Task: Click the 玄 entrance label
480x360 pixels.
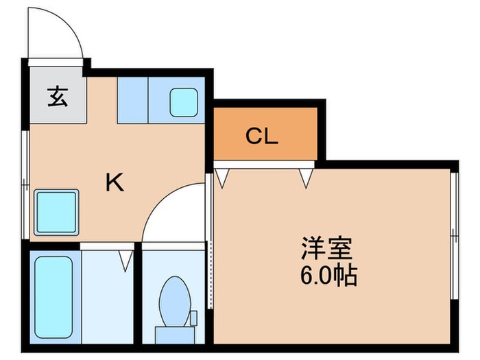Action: point(57,97)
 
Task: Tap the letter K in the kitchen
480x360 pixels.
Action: point(114,182)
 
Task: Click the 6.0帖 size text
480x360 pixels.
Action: point(328,276)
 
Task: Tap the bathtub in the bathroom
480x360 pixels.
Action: point(56,298)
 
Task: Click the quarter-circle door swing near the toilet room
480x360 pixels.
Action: point(171,214)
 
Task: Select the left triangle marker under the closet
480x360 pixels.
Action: point(221,178)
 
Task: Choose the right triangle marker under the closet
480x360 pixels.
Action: point(306,178)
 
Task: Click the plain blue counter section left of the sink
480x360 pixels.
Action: point(132,100)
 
